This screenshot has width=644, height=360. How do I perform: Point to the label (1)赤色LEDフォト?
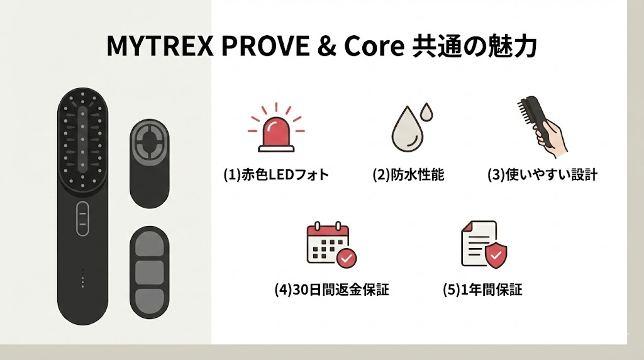pyautogui.click(x=276, y=175)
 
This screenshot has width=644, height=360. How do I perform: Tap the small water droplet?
pyautogui.click(x=428, y=113)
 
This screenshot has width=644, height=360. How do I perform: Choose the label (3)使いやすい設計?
pyautogui.click(x=542, y=175)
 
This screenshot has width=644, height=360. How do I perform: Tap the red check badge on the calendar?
pyautogui.click(x=346, y=257)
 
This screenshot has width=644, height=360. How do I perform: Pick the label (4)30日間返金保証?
pyautogui.click(x=331, y=290)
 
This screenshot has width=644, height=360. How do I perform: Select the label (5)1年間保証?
pyautogui.click(x=482, y=290)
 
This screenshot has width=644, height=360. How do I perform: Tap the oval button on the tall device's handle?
pyautogui.click(x=82, y=219)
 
